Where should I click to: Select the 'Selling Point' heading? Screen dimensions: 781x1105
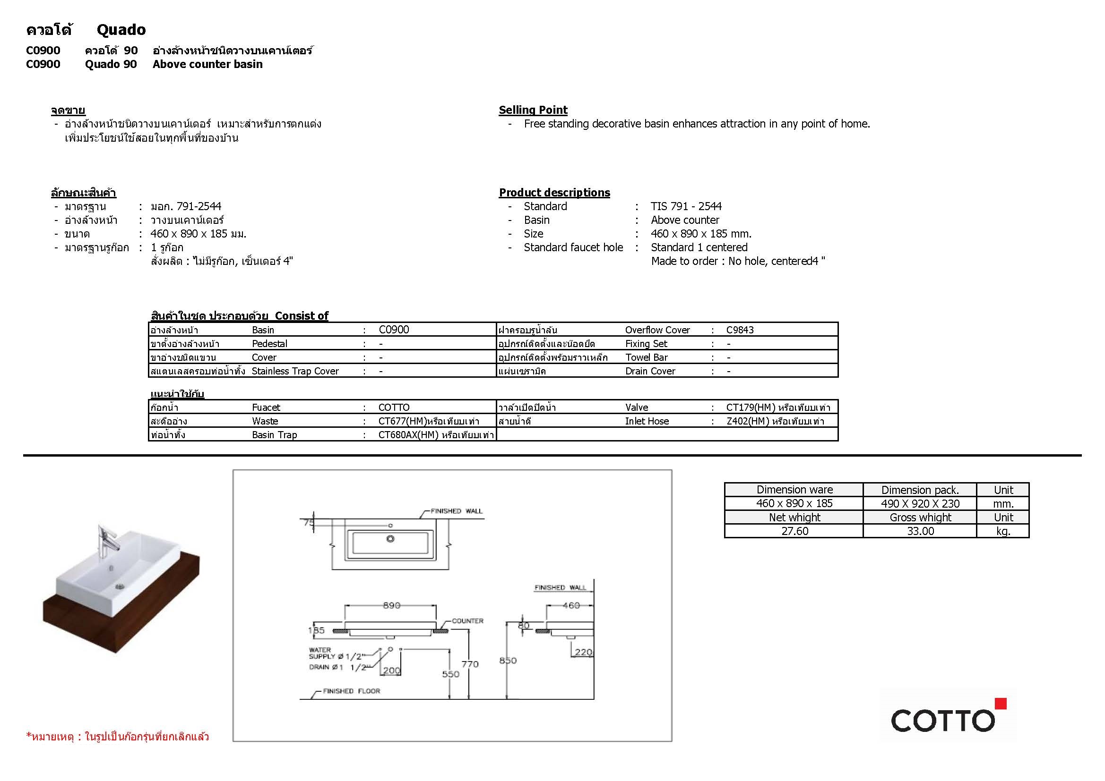pyautogui.click(x=533, y=110)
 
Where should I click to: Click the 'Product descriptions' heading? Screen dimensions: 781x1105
pyautogui.click(x=554, y=193)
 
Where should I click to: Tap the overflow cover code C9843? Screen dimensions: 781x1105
pyautogui.click(x=740, y=330)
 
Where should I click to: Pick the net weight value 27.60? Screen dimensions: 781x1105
pyautogui.click(x=794, y=531)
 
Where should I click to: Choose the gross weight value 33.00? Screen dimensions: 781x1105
pyautogui.click(x=920, y=531)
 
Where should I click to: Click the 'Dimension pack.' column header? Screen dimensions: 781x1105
pyautogui.click(x=920, y=490)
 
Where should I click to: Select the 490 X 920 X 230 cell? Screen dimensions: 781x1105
pyautogui.click(x=920, y=503)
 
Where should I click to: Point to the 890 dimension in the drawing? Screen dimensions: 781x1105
pyautogui.click(x=391, y=605)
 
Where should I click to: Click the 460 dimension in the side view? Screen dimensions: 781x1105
pyautogui.click(x=571, y=605)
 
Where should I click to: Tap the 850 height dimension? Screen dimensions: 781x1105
pyautogui.click(x=508, y=661)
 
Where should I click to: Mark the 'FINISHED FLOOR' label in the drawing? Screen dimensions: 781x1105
pyautogui.click(x=351, y=691)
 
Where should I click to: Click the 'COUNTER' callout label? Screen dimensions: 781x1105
pyautogui.click(x=467, y=621)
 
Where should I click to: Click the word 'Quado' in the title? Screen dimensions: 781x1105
pyautogui.click(x=121, y=30)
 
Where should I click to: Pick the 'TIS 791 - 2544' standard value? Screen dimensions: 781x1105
pyautogui.click(x=686, y=206)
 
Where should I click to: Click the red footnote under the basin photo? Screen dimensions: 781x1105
pyautogui.click(x=117, y=737)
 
